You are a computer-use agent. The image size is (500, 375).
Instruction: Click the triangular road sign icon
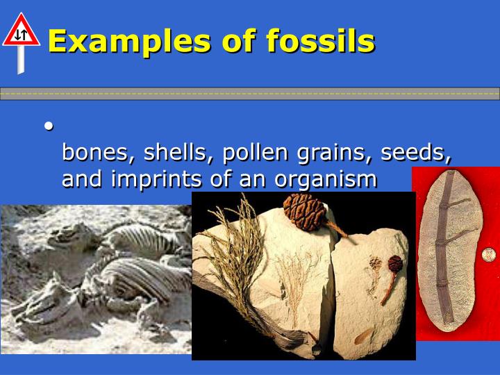coord(21,31)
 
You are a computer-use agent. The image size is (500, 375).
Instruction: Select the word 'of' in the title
coord(241,41)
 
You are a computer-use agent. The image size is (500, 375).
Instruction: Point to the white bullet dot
coord(49,126)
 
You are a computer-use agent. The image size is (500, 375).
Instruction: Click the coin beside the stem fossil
coord(490,253)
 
